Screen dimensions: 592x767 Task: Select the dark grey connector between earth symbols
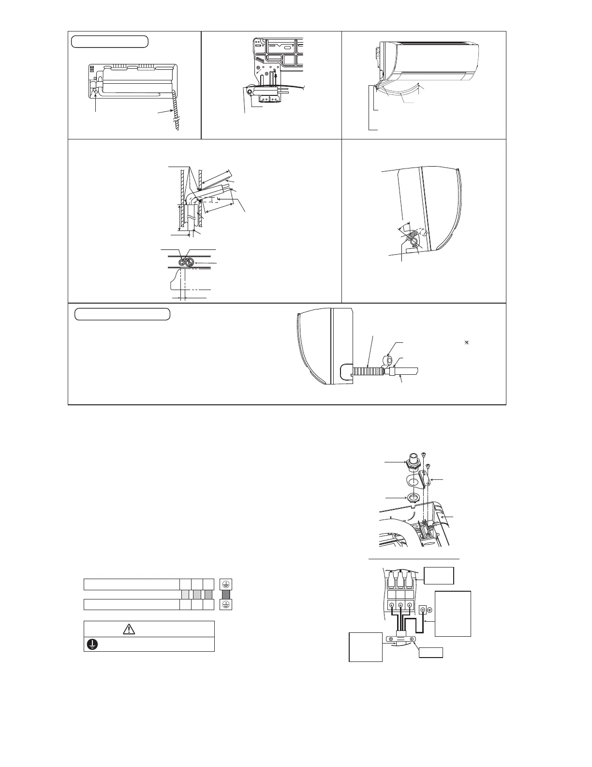coord(226,594)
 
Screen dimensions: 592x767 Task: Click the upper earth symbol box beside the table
coord(226,584)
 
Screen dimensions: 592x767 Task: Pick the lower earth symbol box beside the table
coord(226,604)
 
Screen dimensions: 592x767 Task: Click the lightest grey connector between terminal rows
coord(185,594)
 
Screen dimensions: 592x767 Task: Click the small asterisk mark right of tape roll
coord(467,342)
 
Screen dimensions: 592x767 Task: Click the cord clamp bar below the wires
coord(400,638)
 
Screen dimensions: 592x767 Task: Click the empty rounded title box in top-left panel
coord(110,42)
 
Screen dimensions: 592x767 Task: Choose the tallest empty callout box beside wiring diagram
coord(453,614)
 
